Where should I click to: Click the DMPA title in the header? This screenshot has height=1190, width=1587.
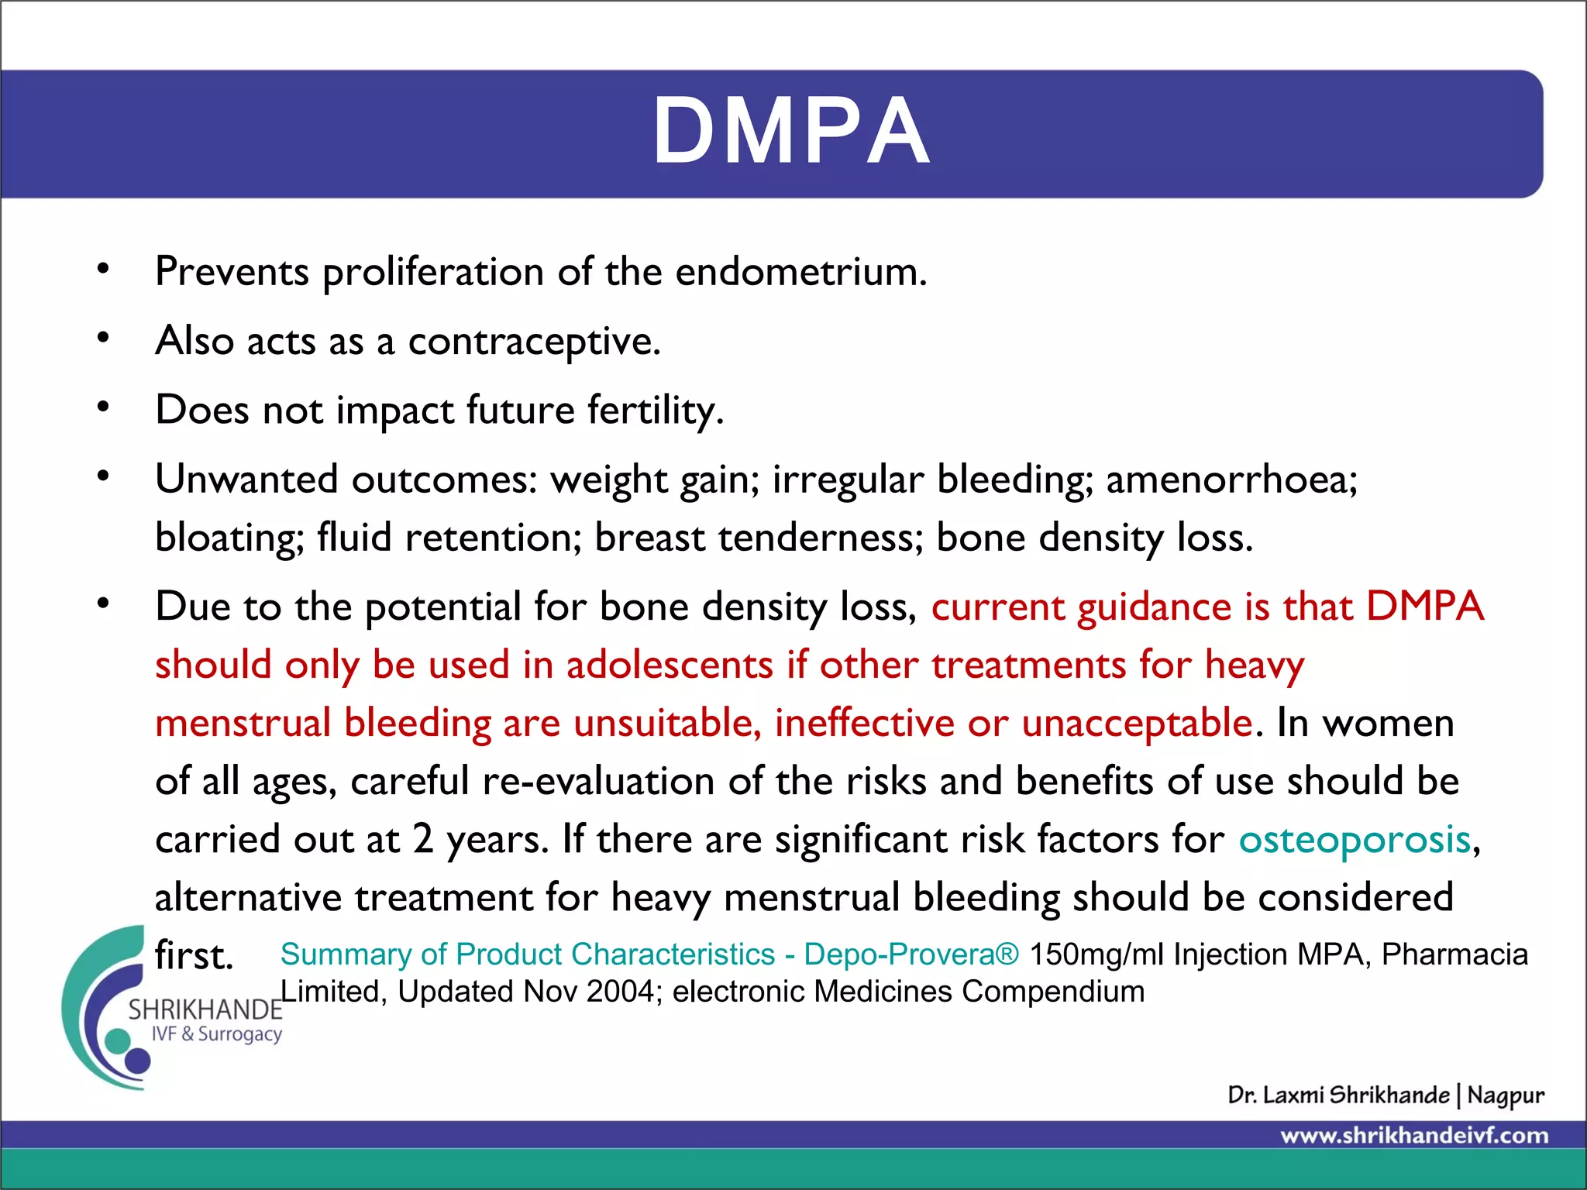pos(791,132)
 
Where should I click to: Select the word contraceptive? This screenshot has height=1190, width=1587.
pos(534,342)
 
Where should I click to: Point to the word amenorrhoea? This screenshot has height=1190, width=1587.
pos(1231,480)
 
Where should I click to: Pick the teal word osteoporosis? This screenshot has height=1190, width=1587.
pos(1355,840)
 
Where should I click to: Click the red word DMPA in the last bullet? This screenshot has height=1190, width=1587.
pos(1424,607)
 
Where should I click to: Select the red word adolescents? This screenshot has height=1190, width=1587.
pos(670,666)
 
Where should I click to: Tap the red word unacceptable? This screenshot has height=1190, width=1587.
pos(1137,724)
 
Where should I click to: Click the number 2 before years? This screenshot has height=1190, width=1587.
pos(423,840)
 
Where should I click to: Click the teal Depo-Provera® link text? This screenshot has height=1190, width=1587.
pos(911,954)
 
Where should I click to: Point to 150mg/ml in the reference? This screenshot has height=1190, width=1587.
pos(1096,954)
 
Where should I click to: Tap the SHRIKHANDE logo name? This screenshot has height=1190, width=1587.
pos(205,1010)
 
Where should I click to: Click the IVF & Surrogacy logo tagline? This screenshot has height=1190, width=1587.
pos(216,1034)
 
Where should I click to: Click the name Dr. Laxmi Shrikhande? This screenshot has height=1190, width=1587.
pos(1338,1095)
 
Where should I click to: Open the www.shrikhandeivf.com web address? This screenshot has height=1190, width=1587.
pos(1414,1137)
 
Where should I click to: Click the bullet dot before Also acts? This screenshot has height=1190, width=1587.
pos(103,339)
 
